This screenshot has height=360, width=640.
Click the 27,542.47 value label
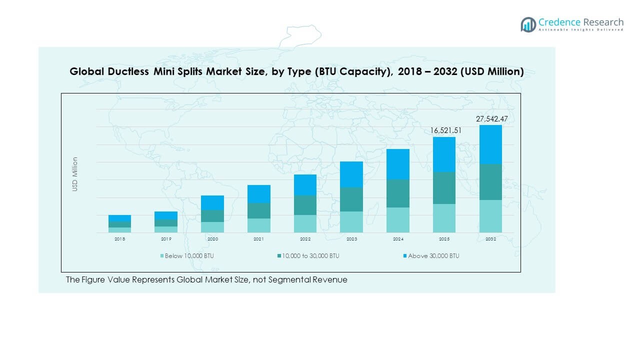(x=490, y=119)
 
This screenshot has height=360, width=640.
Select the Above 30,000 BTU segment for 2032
(x=490, y=144)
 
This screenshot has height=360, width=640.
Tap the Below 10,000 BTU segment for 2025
(x=444, y=218)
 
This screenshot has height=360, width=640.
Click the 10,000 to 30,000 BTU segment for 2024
(x=398, y=193)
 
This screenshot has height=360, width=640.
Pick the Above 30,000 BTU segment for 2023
(x=351, y=174)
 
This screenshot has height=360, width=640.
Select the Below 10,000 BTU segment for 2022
(x=305, y=223)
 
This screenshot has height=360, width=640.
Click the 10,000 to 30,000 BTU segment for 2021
(x=258, y=210)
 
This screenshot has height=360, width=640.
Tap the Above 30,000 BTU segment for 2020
(x=212, y=202)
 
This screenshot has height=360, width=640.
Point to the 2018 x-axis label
(x=119, y=239)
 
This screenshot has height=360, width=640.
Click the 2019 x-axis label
(x=166, y=239)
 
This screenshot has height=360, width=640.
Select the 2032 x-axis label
(x=490, y=239)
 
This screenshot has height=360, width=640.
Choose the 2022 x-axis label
(x=305, y=239)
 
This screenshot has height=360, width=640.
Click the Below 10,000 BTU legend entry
(x=189, y=256)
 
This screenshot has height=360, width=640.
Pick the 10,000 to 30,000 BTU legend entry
(x=310, y=256)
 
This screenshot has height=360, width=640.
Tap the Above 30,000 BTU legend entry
(x=433, y=256)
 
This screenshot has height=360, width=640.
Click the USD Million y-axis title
(x=75, y=174)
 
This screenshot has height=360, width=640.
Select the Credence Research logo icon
(x=528, y=24)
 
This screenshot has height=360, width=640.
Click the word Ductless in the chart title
(x=127, y=72)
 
